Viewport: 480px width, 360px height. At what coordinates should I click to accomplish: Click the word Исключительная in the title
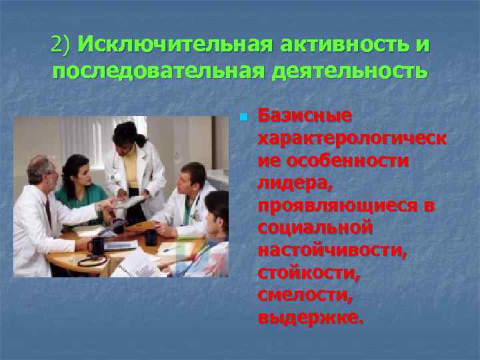coord(175,45)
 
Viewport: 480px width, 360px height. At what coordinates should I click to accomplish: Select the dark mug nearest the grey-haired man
coord(96,246)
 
